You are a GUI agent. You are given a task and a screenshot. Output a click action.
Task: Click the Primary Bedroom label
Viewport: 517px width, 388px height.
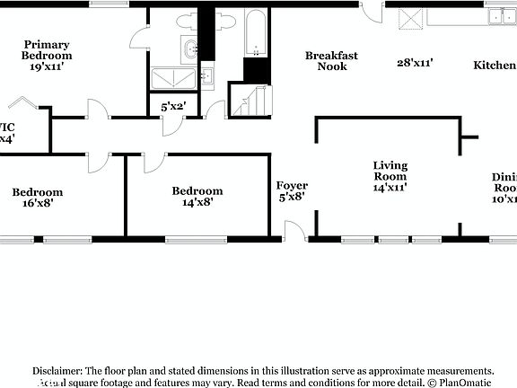click(48, 49)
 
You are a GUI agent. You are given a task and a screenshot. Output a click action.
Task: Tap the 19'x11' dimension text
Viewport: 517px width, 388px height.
click(48, 66)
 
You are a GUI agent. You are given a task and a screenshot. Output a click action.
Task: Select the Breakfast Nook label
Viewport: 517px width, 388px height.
click(331, 61)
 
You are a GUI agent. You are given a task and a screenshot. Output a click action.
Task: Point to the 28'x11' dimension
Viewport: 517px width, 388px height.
click(416, 63)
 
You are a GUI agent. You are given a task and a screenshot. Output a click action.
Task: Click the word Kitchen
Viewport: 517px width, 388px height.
click(495, 66)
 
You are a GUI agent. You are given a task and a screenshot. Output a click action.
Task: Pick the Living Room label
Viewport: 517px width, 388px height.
click(390, 171)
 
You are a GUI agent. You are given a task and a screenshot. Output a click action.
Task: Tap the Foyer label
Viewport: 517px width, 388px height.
click(292, 186)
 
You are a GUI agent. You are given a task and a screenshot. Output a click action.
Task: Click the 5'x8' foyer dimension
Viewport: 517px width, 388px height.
click(292, 197)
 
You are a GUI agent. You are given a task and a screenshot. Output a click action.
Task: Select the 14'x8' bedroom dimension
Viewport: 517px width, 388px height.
click(197, 203)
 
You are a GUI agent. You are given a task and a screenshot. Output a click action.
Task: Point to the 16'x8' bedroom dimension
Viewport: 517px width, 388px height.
click(37, 204)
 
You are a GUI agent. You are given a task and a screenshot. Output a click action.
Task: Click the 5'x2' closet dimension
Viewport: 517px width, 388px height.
click(173, 107)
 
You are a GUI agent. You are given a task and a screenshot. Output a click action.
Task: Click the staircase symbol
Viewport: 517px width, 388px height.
click(250, 100)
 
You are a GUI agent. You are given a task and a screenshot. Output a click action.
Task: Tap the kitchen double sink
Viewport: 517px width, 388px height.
click(497, 15)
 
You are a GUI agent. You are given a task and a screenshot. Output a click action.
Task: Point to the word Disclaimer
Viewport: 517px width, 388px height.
click(57, 371)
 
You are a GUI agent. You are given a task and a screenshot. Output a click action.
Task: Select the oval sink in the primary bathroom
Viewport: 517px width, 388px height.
click(190, 49)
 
